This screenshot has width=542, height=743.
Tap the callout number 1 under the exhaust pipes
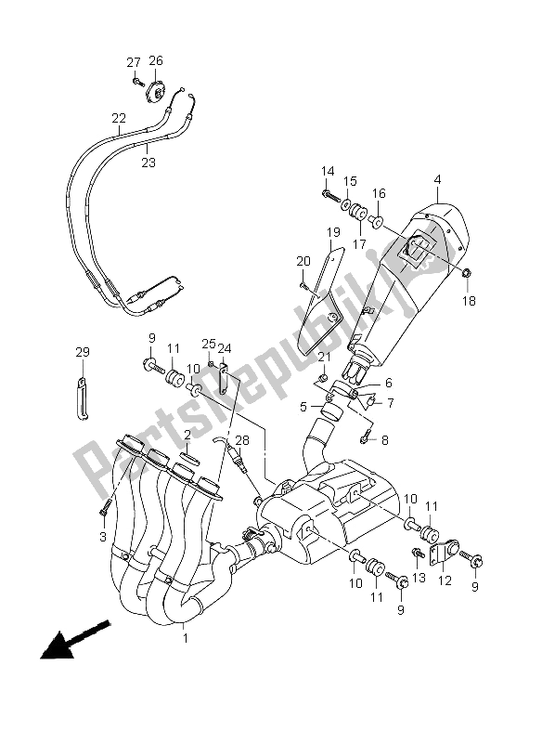click(185, 638)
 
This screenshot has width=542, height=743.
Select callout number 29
click(83, 352)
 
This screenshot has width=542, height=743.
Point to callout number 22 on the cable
click(119, 118)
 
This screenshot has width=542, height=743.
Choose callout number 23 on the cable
click(148, 162)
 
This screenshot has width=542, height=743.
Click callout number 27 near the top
click(133, 62)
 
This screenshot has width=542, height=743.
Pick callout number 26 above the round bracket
click(156, 61)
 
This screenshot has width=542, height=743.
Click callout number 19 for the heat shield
click(333, 231)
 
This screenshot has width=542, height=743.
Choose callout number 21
click(324, 358)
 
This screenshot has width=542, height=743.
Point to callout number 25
click(208, 343)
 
